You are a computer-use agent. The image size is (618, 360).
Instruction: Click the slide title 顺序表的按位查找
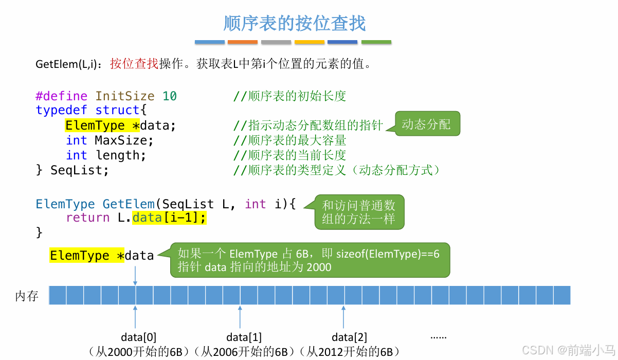click(295, 24)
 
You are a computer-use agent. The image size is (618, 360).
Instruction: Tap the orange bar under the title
click(242, 42)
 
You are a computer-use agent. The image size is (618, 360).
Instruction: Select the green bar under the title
click(376, 42)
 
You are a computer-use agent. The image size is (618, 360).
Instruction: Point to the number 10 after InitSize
click(170, 96)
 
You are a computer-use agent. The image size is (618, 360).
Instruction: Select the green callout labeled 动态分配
click(426, 124)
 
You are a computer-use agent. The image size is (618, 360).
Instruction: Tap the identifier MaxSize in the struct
click(124, 140)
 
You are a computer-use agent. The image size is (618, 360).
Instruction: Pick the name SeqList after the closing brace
click(79, 170)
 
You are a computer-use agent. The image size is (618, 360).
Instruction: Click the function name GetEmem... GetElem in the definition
click(129, 204)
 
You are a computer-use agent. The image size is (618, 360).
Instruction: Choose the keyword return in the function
click(87, 218)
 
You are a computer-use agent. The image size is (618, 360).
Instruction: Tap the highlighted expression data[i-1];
click(169, 218)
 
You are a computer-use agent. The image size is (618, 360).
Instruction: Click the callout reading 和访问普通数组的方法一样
click(358, 212)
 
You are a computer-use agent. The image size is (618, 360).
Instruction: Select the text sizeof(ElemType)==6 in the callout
click(388, 254)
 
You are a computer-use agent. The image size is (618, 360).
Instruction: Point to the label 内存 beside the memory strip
click(27, 296)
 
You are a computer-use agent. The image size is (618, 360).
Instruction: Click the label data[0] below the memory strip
click(139, 337)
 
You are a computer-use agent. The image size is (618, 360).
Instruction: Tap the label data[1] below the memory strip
click(244, 337)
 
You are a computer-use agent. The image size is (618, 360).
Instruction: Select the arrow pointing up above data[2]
click(343, 316)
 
